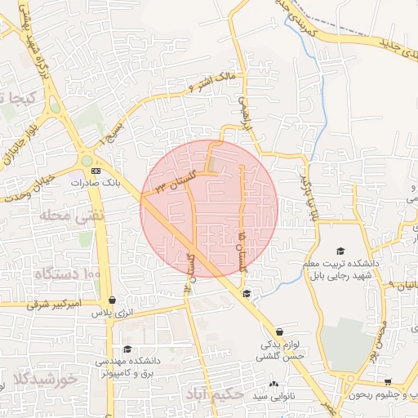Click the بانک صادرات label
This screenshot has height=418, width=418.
(100, 184)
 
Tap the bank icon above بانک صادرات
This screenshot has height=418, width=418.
(96, 171)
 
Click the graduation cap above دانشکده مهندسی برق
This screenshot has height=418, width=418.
(126, 349)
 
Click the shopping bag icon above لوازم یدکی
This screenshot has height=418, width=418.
(280, 331)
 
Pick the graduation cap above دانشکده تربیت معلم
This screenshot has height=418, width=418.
(340, 251)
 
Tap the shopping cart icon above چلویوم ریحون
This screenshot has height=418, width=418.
(389, 381)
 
